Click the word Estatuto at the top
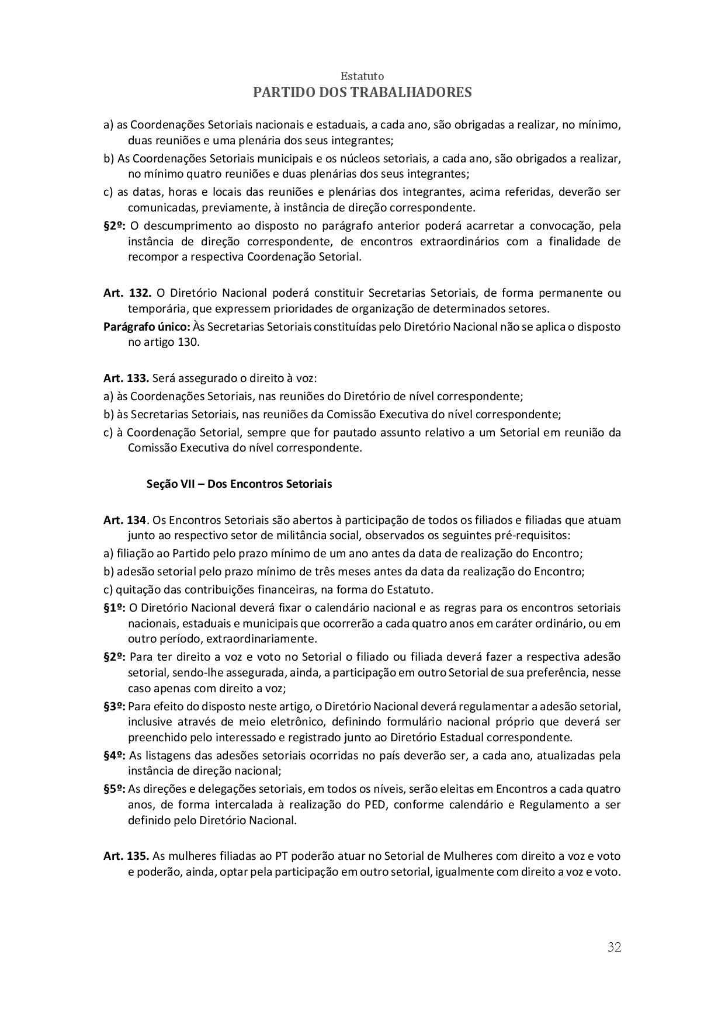click(x=362, y=77)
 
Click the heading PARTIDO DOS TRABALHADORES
click(x=362, y=92)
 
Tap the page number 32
click(x=614, y=947)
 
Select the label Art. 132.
click(x=127, y=293)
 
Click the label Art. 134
click(x=124, y=520)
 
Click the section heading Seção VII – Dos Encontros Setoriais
click(x=239, y=484)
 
